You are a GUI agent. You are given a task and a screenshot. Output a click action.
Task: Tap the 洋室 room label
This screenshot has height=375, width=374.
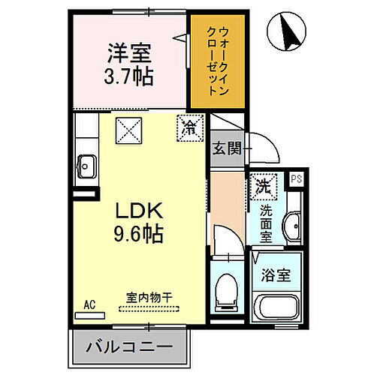[x=128, y=54]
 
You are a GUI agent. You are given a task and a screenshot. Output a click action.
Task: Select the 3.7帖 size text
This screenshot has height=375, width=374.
[x=128, y=76]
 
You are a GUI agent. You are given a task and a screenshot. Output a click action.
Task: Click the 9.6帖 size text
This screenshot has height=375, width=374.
[x=137, y=232]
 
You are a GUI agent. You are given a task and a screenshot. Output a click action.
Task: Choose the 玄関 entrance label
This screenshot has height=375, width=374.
[x=225, y=147]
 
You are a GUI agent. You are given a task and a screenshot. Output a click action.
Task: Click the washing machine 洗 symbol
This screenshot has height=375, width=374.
[x=264, y=184]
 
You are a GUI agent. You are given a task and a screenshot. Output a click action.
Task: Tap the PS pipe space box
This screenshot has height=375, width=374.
[x=296, y=179]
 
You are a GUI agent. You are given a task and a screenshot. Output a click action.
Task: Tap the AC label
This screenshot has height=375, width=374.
[x=89, y=304]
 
